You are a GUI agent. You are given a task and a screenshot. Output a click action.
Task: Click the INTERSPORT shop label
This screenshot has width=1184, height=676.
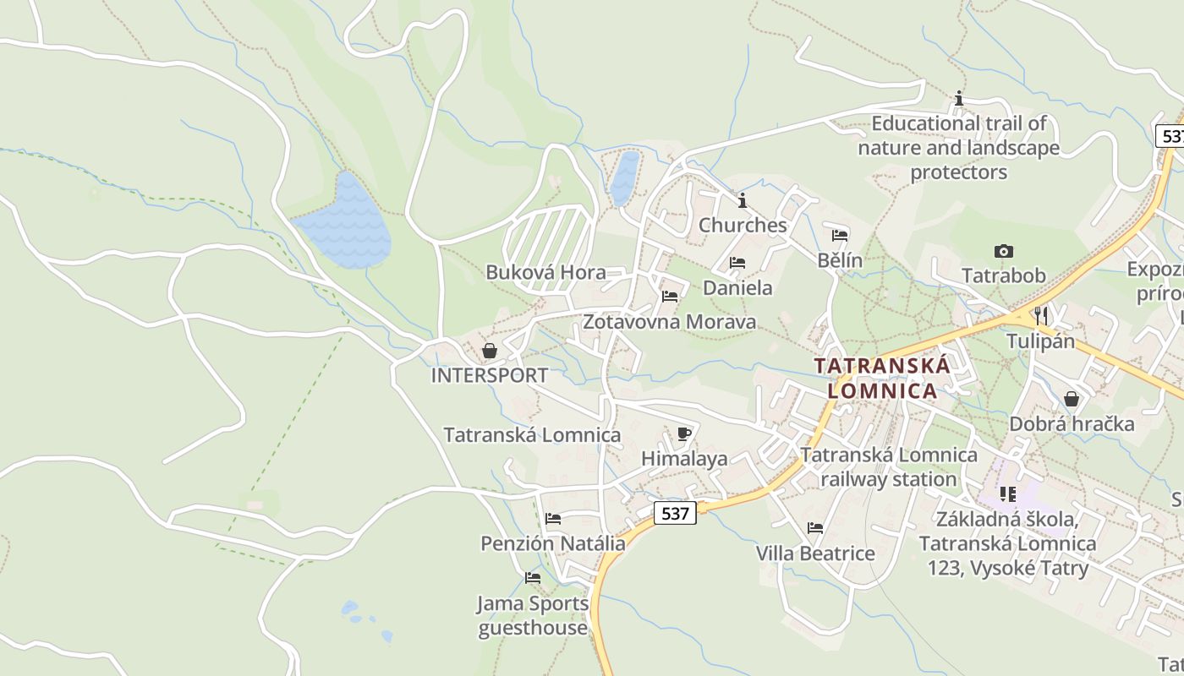(490, 375)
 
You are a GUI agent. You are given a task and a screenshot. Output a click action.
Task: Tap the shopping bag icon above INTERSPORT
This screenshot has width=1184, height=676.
(490, 351)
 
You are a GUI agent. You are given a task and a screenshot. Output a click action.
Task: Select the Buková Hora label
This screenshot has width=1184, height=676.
(545, 272)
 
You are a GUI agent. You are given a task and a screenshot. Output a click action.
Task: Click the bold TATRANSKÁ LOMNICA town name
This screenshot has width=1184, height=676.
(882, 379)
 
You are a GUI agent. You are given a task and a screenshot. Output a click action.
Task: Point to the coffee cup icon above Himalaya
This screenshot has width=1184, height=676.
(684, 434)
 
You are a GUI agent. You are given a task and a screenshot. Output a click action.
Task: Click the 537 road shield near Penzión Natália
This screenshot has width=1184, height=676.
(675, 513)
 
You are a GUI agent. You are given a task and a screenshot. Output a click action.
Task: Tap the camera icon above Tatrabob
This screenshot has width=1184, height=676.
(1004, 251)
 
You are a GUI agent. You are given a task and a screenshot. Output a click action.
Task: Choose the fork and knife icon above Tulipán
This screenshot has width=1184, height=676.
(1040, 316)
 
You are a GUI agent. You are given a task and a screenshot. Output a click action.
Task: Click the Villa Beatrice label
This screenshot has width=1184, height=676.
(815, 553)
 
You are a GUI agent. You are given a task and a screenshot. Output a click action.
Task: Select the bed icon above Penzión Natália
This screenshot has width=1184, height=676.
(553, 519)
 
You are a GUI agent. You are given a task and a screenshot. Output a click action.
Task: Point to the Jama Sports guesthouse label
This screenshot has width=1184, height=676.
(533, 615)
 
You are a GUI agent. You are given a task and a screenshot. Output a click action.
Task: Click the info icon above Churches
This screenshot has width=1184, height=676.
(743, 200)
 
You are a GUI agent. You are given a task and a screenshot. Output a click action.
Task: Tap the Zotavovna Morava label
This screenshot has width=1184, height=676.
(670, 322)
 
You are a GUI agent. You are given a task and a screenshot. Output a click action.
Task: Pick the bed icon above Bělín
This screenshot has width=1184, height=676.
(840, 236)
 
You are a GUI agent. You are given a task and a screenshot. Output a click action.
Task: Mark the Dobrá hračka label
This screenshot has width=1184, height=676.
(1072, 423)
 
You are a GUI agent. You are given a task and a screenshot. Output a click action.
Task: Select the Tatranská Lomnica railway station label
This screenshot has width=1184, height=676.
(889, 466)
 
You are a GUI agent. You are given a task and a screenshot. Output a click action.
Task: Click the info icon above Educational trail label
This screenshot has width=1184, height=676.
(958, 99)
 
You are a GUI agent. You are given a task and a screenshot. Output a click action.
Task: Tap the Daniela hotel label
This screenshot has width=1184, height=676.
(737, 287)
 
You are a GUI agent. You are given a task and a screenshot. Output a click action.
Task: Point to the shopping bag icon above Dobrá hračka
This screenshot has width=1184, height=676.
(1072, 398)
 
